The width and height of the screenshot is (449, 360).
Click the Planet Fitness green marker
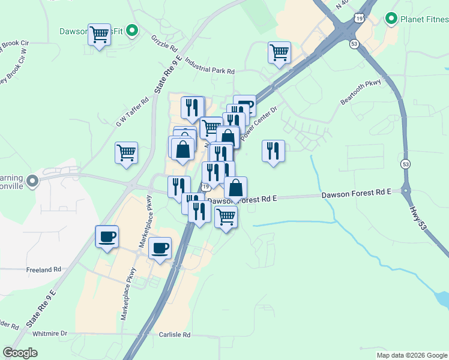pyautogui.click(x=391, y=19)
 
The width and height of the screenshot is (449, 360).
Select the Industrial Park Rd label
pyautogui.click(x=209, y=66)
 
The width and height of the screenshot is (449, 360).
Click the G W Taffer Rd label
pyautogui.click(x=132, y=113)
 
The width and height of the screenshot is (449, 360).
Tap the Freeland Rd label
pyautogui.click(x=44, y=270)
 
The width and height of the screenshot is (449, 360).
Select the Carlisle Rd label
pyautogui.click(x=174, y=335)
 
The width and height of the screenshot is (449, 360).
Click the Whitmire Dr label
pyautogui.click(x=50, y=333)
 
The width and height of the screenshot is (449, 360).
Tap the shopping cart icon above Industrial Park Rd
pyautogui.click(x=279, y=52)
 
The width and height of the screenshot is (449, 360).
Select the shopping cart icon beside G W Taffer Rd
pyautogui.click(x=126, y=152)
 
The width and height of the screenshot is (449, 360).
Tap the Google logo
pyautogui.click(x=20, y=352)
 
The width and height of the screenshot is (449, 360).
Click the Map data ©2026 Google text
pyautogui.click(x=411, y=355)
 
